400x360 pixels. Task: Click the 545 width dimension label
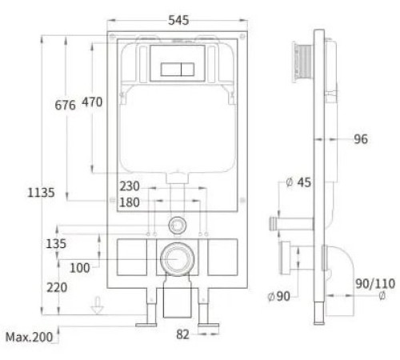178,20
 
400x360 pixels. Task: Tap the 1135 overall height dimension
41,193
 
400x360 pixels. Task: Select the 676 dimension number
65,106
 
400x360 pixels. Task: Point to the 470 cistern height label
92,102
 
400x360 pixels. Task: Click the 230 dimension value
130,186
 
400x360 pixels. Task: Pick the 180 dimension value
130,202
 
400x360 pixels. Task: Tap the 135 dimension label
56,244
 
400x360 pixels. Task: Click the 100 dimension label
79,268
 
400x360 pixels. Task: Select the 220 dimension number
57,288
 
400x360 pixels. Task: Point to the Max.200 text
30,338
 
